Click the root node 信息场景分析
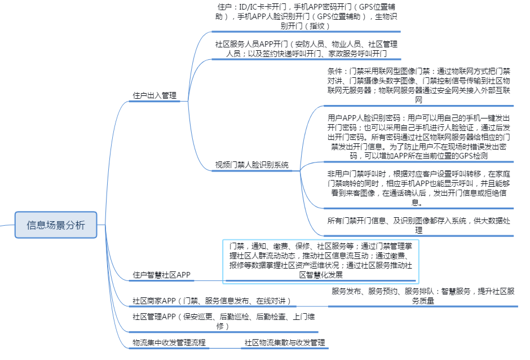(x=56, y=225)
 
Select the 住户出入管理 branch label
(x=154, y=95)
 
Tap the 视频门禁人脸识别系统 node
(x=251, y=165)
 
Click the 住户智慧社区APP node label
(x=161, y=275)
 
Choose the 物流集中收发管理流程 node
(x=169, y=343)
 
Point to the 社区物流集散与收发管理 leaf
(x=284, y=343)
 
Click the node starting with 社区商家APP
(x=211, y=301)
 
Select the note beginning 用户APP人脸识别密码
(x=419, y=137)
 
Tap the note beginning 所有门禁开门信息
(x=419, y=225)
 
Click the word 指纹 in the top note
(x=317, y=25)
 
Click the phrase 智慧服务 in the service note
(x=457, y=292)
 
